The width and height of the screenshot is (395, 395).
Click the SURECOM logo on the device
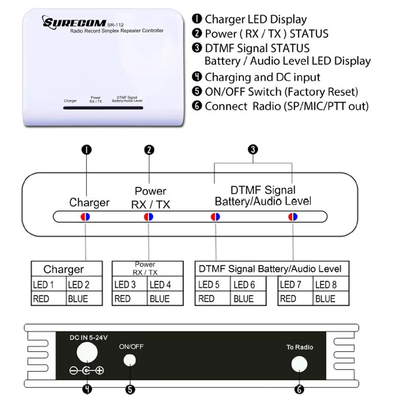coord(74,22)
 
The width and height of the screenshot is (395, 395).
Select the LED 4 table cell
coord(165,284)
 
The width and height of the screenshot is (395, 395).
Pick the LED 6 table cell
coord(248,284)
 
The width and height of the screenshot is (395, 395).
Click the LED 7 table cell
coord(295,284)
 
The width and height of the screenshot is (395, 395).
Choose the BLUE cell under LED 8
coord(331,299)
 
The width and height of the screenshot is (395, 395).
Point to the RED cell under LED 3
coord(130,299)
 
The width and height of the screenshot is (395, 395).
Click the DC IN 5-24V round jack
coord(87,351)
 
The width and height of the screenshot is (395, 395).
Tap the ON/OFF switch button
coord(130,360)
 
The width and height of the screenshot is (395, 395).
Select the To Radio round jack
coord(299,364)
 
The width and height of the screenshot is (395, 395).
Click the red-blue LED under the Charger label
coord(85,216)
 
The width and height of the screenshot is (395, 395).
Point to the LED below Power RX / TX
coord(149,216)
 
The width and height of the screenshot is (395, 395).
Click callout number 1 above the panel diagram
coord(86,150)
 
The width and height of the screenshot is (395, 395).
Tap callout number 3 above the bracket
coord(253,150)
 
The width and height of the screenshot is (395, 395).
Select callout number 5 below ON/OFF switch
coord(130,389)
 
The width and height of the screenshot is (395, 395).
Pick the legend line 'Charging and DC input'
coord(262,77)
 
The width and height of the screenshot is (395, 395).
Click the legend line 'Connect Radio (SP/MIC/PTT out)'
coord(286,106)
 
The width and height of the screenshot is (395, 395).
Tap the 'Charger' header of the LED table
coord(64,269)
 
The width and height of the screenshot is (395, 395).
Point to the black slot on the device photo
coord(103,107)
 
